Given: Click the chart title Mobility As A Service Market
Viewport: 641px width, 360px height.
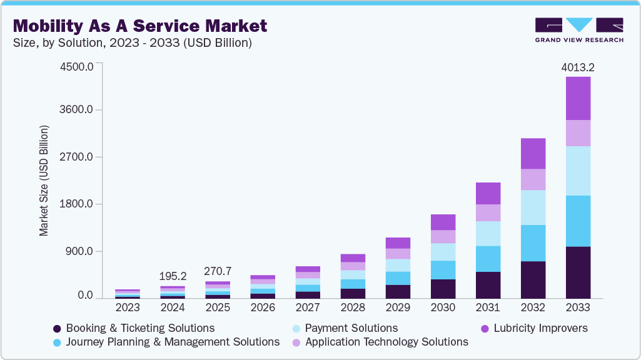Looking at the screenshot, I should point(140,26).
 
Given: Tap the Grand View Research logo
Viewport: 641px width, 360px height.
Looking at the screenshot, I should point(578,29).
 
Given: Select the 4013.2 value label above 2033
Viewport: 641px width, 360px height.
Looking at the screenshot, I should point(577,67).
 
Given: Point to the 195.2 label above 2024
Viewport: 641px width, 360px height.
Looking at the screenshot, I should point(173,276).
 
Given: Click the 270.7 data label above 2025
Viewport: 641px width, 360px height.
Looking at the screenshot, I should point(218,271).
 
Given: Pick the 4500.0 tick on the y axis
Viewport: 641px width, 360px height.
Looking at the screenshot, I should point(76,66).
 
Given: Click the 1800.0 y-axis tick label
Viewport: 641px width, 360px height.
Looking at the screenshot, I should point(76,204).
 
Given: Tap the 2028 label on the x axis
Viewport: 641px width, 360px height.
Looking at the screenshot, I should point(353,307).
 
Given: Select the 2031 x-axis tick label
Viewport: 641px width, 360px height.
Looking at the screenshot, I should point(488,307).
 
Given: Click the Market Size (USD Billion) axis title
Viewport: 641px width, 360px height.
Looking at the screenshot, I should point(44,181).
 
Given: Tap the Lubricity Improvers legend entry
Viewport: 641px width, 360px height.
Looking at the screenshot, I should point(538,328).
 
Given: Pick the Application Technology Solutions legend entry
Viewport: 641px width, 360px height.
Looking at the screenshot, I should point(385,342).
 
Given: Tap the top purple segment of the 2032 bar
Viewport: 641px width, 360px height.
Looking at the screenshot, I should point(533,153).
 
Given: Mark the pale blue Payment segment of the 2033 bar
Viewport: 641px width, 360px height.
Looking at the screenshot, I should point(578,171).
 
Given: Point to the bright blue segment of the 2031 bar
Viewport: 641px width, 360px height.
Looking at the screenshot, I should point(488,259).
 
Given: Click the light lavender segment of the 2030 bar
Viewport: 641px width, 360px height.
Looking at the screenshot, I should point(443,236).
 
